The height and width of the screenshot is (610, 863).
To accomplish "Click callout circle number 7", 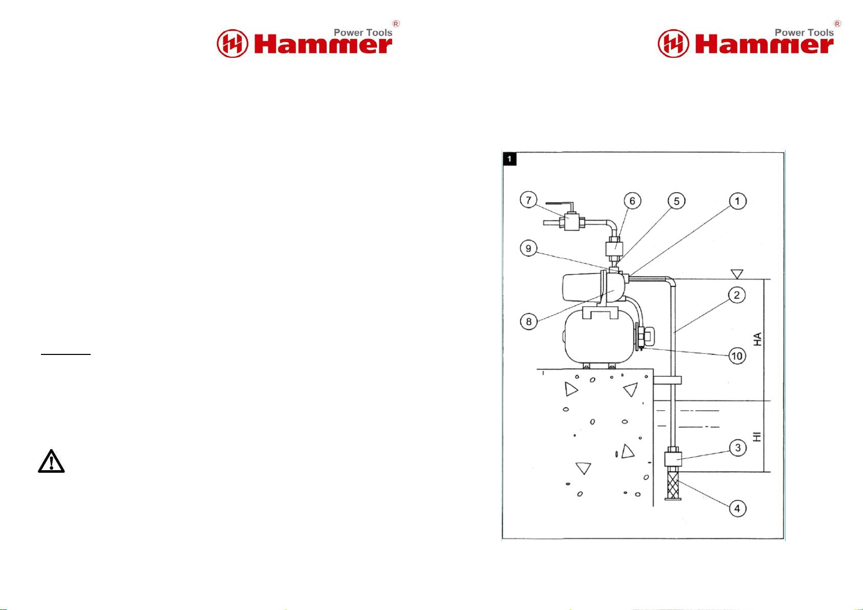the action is pyautogui.click(x=529, y=200).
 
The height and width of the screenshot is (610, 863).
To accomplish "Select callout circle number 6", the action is pyautogui.click(x=632, y=201).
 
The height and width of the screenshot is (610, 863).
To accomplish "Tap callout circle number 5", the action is pyautogui.click(x=677, y=201).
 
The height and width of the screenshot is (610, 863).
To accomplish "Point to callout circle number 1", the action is pyautogui.click(x=738, y=201).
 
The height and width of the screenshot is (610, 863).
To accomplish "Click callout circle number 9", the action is pyautogui.click(x=529, y=248).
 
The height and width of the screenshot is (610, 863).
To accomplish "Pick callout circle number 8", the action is pyautogui.click(x=529, y=321).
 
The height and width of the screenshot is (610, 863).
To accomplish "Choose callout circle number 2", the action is pyautogui.click(x=737, y=295).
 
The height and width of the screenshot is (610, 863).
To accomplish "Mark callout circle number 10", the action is pyautogui.click(x=737, y=355).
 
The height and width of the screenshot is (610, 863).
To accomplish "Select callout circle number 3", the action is pyautogui.click(x=738, y=448).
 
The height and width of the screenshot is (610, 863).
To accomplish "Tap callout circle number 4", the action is pyautogui.click(x=738, y=508).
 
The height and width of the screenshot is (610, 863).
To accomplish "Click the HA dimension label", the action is pyautogui.click(x=757, y=339).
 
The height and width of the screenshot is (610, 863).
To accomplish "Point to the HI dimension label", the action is pyautogui.click(x=757, y=436).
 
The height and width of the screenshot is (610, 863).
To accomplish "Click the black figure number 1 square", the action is pyautogui.click(x=510, y=159).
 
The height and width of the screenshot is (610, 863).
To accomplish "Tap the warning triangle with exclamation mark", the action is pyautogui.click(x=51, y=461).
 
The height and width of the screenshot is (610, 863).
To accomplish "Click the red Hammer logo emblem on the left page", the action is pyautogui.click(x=233, y=44).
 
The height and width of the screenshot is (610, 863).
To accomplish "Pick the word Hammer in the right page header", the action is pyautogui.click(x=764, y=45).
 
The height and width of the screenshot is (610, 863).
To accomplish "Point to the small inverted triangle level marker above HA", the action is pyautogui.click(x=736, y=274).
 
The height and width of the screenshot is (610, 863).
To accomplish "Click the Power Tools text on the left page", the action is pyautogui.click(x=363, y=33).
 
